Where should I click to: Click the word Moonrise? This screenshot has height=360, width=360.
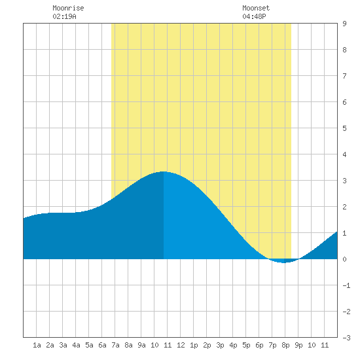click(68, 8)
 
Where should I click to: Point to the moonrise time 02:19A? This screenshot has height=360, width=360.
click(64, 16)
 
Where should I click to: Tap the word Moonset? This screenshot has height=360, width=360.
click(256, 8)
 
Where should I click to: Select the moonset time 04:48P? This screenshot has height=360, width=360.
click(254, 16)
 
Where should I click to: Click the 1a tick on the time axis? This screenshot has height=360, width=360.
click(37, 345)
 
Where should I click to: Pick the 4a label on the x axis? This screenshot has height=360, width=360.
click(76, 345)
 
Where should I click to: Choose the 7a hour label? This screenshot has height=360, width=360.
click(115, 345)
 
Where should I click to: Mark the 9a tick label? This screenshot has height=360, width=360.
click(141, 345)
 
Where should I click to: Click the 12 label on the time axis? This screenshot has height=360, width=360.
click(181, 345)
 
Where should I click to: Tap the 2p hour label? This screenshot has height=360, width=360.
click(207, 345)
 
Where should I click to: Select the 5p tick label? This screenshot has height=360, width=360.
click(246, 345)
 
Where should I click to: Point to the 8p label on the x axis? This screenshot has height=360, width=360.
click(285, 345)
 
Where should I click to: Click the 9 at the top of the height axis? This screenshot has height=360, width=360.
click(344, 24)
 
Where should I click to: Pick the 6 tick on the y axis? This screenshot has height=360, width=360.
click(344, 102)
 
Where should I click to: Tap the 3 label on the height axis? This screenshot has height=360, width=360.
click(344, 181)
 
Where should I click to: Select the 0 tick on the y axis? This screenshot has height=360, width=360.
click(344, 259)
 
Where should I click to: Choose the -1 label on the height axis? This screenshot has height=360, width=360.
click(346, 285)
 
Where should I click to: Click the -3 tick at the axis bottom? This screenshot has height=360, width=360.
click(346, 338)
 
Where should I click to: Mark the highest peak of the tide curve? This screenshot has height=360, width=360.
click(163, 171)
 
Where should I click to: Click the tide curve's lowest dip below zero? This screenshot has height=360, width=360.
click(284, 262)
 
